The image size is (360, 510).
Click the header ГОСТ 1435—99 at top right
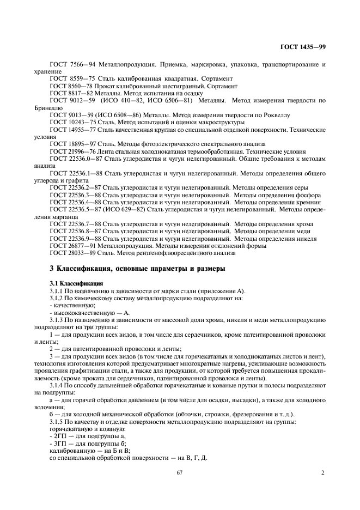click(303, 47)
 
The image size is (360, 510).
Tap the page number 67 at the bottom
click(179, 472)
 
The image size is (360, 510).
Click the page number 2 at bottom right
click(323, 472)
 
